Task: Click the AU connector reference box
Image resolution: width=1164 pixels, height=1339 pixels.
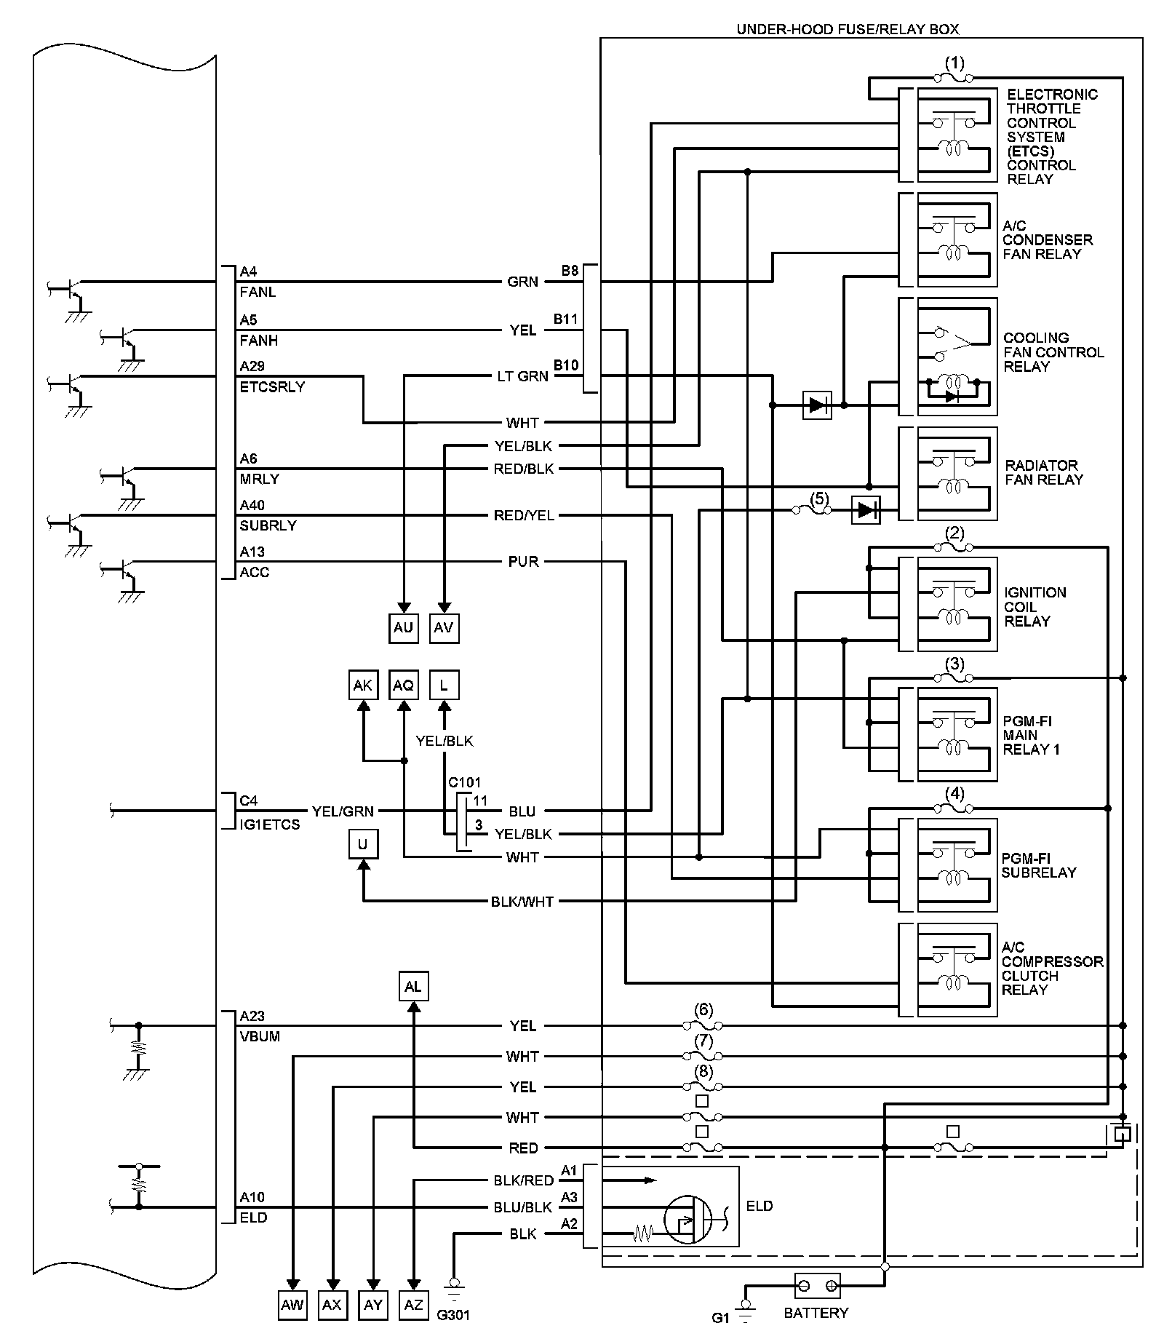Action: pyautogui.click(x=403, y=627)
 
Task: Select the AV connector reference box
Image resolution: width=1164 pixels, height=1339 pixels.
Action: pyautogui.click(x=444, y=627)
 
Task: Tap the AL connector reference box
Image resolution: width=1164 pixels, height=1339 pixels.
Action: pyautogui.click(x=413, y=987)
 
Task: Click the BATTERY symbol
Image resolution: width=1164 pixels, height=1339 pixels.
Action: pyautogui.click(x=817, y=1287)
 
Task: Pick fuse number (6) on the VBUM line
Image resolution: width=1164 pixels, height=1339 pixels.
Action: pyautogui.click(x=703, y=1025)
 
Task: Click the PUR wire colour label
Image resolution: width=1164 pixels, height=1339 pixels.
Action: pyautogui.click(x=523, y=562)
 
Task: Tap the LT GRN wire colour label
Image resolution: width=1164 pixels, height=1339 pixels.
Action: pyautogui.click(x=522, y=376)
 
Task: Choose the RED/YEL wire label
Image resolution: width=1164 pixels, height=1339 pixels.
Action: pyautogui.click(x=523, y=515)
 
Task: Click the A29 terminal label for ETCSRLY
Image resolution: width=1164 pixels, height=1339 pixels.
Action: pyautogui.click(x=252, y=366)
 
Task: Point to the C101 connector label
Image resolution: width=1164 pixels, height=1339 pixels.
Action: pyautogui.click(x=464, y=782)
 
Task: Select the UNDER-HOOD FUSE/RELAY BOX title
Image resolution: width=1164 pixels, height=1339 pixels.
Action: pyautogui.click(x=848, y=29)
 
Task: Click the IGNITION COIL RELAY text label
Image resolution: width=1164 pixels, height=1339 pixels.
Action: pyautogui.click(x=1035, y=606)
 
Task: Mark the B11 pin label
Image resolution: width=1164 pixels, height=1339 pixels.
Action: pyautogui.click(x=565, y=319)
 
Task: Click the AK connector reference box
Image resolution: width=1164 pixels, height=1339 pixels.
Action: pyautogui.click(x=362, y=686)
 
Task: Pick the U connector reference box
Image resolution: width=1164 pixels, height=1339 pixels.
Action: pyautogui.click(x=362, y=844)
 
